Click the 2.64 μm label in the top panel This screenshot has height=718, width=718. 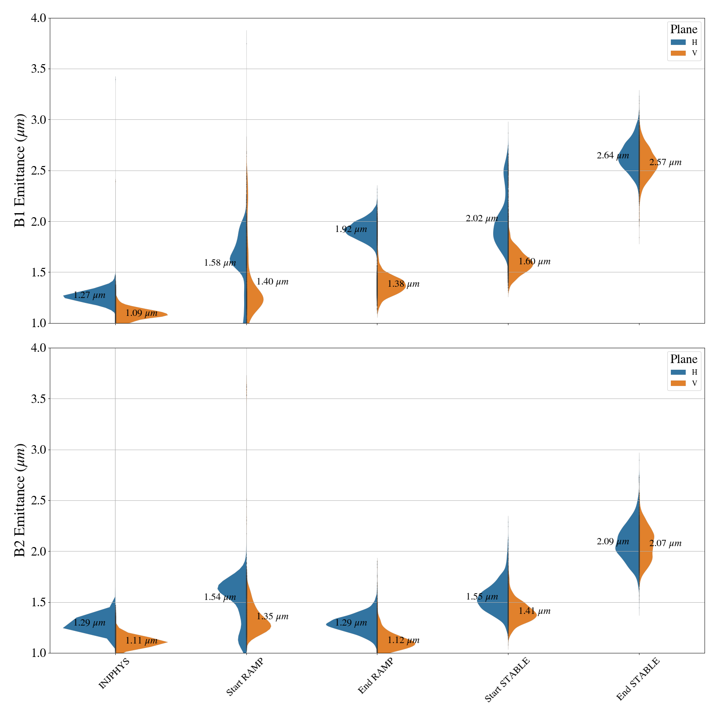pyautogui.click(x=613, y=156)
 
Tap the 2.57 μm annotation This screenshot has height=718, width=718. pyautogui.click(x=665, y=162)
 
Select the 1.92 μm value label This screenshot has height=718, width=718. pyautogui.click(x=351, y=229)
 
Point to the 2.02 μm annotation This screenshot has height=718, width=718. pyautogui.click(x=482, y=219)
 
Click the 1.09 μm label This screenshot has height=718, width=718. pyautogui.click(x=141, y=313)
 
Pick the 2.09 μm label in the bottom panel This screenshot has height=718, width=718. pyautogui.click(x=613, y=542)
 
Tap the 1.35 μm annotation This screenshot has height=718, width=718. pyautogui.click(x=272, y=617)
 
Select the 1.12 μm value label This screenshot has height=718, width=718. pyautogui.click(x=403, y=640)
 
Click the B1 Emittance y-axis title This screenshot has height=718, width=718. pyautogui.click(x=20, y=171)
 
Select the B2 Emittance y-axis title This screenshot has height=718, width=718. pyautogui.click(x=20, y=500)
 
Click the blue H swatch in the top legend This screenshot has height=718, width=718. pyautogui.click(x=678, y=42)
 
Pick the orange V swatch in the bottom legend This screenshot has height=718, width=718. pyautogui.click(x=678, y=383)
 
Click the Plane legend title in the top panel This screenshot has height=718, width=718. pyautogui.click(x=683, y=30)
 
